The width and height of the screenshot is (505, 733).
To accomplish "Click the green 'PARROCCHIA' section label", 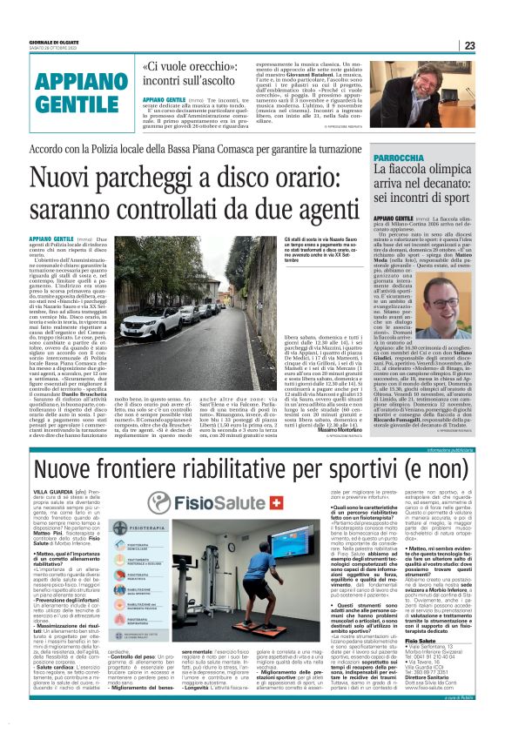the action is click(x=399, y=159).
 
